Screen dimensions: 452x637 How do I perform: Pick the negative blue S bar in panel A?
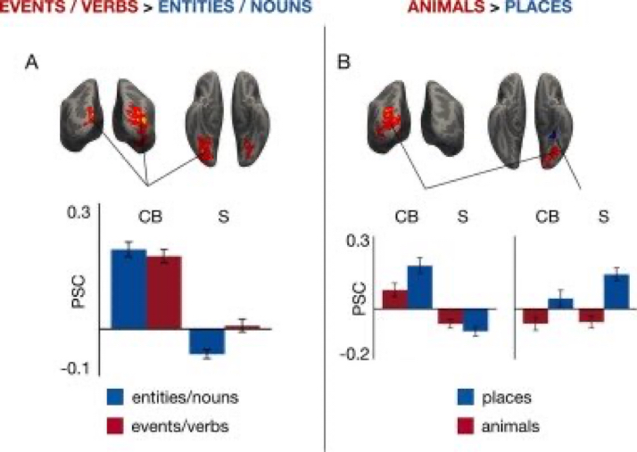pyautogui.click(x=206, y=341)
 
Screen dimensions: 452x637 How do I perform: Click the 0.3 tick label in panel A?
pyautogui.click(x=81, y=214)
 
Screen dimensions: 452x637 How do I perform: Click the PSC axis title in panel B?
pyautogui.click(x=358, y=299)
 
